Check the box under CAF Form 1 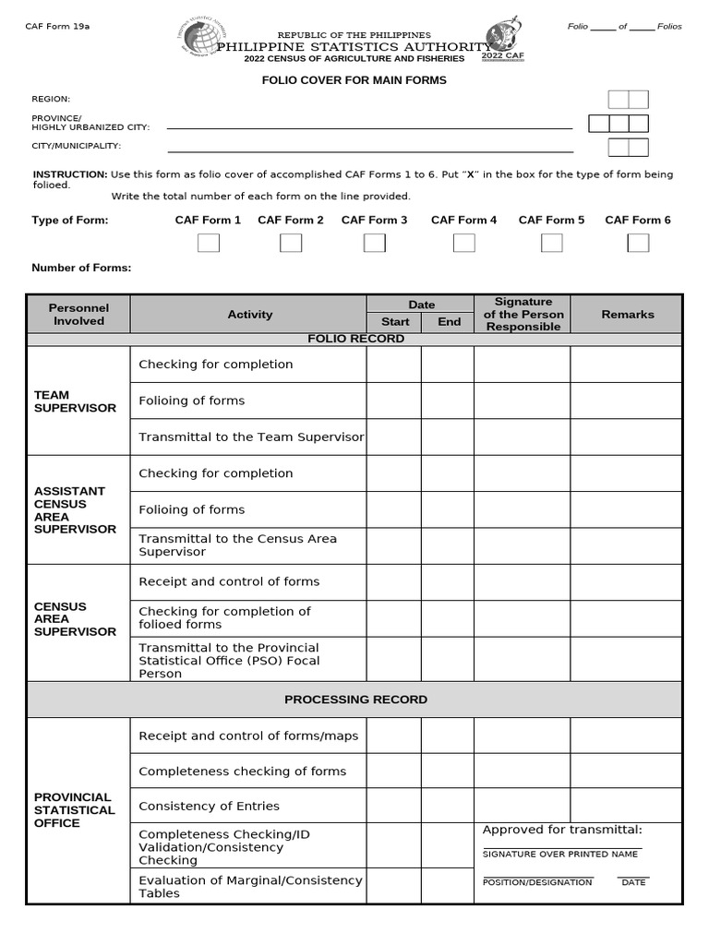coord(209,243)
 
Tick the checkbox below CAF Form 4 coord(464,243)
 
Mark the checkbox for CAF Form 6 coord(638,243)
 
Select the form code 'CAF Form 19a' coord(57,27)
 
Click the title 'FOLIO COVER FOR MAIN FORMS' coord(354,80)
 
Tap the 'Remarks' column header coord(627,315)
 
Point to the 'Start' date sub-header coord(394,322)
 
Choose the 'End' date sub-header coord(449,322)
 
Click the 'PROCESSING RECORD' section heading coord(355,700)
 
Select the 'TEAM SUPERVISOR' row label coord(75,401)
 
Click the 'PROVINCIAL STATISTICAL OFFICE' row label coord(74,810)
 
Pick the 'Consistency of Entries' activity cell coord(209,806)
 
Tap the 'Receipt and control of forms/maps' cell coord(248,736)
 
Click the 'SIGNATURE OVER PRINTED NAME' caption coord(559,855)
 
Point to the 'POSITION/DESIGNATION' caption coord(536,883)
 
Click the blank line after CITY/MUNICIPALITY coord(369,150)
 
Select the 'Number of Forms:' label coord(81,269)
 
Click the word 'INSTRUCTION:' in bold coord(70,174)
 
